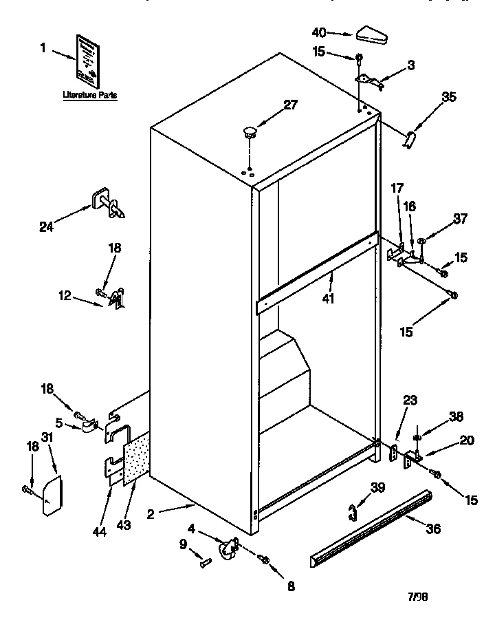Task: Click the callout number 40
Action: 318,32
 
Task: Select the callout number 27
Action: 291,105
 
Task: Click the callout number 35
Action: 449,97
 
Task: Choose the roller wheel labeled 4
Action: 226,548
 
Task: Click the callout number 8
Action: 291,587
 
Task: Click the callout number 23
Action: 410,400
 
